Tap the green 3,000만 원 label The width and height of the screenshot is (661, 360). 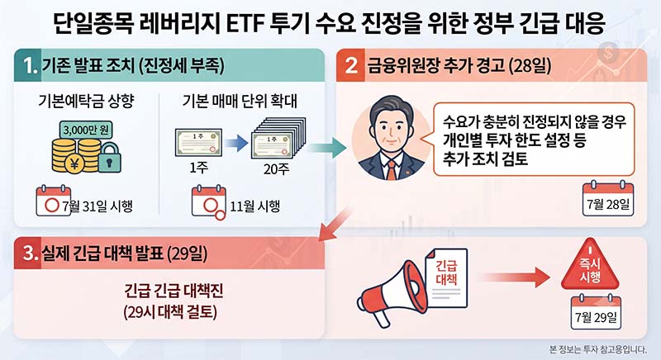click(x=86, y=130)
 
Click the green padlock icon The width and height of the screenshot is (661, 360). click(x=110, y=158)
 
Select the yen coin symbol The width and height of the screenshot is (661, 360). click(x=74, y=163)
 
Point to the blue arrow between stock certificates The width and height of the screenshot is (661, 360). click(x=235, y=143)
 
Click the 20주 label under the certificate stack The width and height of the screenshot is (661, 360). click(x=277, y=168)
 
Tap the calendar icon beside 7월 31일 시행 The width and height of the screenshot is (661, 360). click(x=53, y=201)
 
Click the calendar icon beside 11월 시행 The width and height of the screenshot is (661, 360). click(x=209, y=202)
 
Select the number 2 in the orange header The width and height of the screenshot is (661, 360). click(x=351, y=66)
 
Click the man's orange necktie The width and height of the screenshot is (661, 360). click(x=392, y=170)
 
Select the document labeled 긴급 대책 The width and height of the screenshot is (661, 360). click(x=446, y=278)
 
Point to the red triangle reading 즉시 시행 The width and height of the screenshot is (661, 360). click(x=590, y=266)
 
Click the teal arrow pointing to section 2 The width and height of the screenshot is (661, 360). click(x=327, y=148)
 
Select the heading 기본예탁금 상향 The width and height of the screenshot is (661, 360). click(x=86, y=101)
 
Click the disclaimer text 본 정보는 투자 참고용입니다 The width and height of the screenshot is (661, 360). click(x=597, y=349)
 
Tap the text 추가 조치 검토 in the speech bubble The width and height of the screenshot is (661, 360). click(x=485, y=159)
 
